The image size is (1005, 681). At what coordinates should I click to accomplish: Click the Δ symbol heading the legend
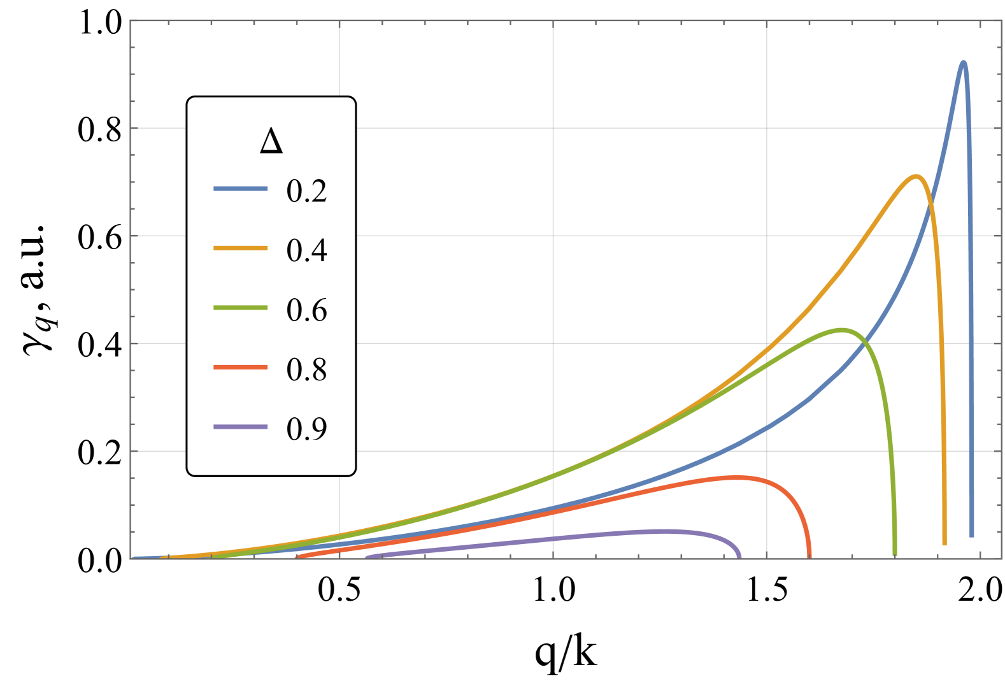pos(271,141)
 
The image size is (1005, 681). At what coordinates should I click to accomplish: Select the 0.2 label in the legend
pos(306,191)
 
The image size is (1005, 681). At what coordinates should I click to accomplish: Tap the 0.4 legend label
pos(306,250)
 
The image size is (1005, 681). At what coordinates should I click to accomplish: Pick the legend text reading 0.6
pos(306,310)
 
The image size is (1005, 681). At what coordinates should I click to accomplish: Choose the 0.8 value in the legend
pos(306,369)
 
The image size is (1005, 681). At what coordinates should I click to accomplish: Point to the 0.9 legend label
pos(306,429)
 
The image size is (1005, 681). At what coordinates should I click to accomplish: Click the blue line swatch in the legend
pos(240,189)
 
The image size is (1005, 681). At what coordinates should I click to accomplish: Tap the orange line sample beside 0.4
pos(240,248)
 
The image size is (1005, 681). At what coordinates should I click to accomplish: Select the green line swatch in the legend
pos(240,308)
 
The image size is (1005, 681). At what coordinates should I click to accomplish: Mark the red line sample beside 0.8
pos(240,367)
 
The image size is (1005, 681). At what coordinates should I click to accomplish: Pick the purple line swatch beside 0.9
pos(240,426)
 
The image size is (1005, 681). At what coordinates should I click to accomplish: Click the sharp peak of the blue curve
pos(963,62)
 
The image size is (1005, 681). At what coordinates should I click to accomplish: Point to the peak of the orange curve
pos(916,176)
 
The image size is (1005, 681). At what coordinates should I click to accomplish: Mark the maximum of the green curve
pos(842,329)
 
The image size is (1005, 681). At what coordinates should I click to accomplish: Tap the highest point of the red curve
pos(742,477)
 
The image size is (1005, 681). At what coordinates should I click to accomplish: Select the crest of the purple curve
pos(666,531)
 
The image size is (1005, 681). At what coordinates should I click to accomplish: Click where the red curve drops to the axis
pos(809,556)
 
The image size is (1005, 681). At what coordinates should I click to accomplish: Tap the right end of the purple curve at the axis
pos(739,556)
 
